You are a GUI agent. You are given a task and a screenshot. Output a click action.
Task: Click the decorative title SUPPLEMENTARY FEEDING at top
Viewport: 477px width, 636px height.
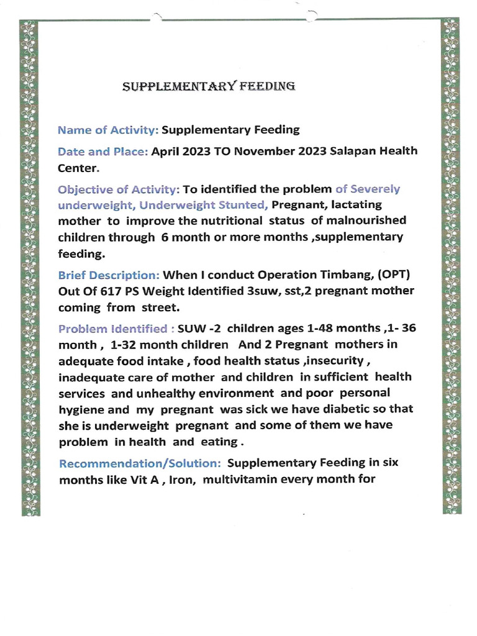(209, 86)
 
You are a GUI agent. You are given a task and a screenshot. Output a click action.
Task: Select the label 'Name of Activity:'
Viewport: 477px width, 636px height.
(109, 130)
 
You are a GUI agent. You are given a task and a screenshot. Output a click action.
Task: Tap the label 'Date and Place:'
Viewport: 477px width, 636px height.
(102, 152)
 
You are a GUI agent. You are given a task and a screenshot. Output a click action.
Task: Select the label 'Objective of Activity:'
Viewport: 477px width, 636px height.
(119, 189)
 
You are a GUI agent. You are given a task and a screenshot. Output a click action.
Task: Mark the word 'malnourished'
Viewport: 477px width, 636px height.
(369, 220)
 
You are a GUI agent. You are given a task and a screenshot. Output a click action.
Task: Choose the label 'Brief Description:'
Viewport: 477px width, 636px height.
(109, 275)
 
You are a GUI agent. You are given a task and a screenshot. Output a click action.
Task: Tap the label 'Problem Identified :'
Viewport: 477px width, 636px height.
(116, 329)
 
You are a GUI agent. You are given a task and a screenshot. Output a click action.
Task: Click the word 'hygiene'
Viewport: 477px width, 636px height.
(82, 409)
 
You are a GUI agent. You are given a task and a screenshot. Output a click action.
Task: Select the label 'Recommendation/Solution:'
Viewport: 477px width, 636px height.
(140, 463)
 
